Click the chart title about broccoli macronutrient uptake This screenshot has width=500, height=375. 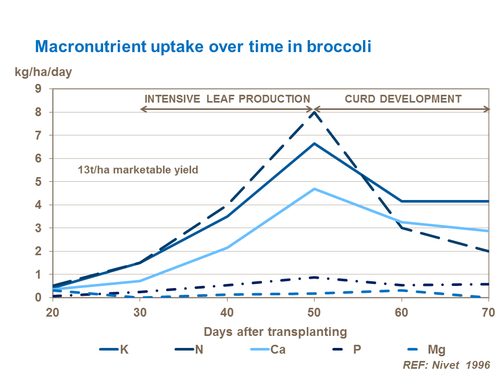pyautogui.click(x=203, y=46)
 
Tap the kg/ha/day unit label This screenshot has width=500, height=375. pyautogui.click(x=43, y=72)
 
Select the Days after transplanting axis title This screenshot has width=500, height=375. pyautogui.click(x=275, y=331)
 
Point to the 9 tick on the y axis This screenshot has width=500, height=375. pyautogui.click(x=38, y=89)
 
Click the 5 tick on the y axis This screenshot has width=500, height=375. pyautogui.click(x=38, y=182)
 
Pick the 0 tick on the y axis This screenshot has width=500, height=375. pyautogui.click(x=38, y=297)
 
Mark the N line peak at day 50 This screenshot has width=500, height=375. pyautogui.click(x=314, y=112)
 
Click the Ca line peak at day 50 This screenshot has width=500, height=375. pyautogui.click(x=314, y=189)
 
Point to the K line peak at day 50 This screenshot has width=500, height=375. pyautogui.click(x=314, y=143)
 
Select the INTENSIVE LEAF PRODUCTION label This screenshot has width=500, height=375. pyautogui.click(x=227, y=98)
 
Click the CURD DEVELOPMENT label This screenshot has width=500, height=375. pyautogui.click(x=403, y=98)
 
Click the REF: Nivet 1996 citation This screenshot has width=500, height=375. pyautogui.click(x=446, y=365)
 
